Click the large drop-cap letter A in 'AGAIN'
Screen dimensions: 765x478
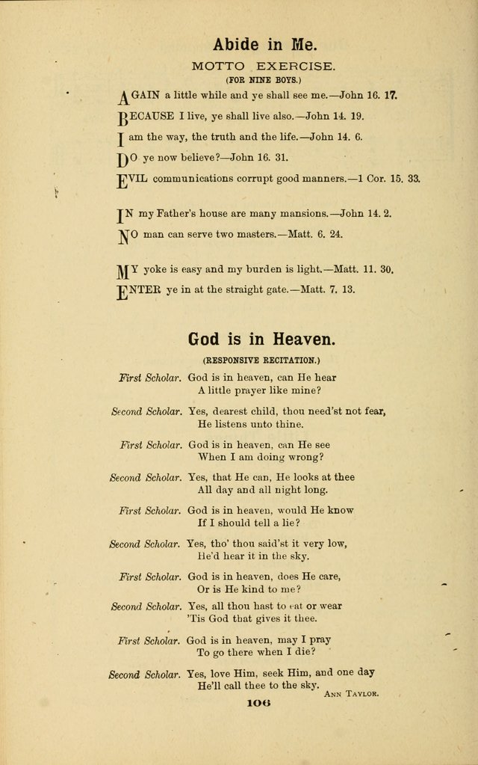pos(125,97)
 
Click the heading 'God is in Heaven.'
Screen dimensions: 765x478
pos(261,339)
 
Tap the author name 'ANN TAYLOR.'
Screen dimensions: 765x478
pos(352,694)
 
